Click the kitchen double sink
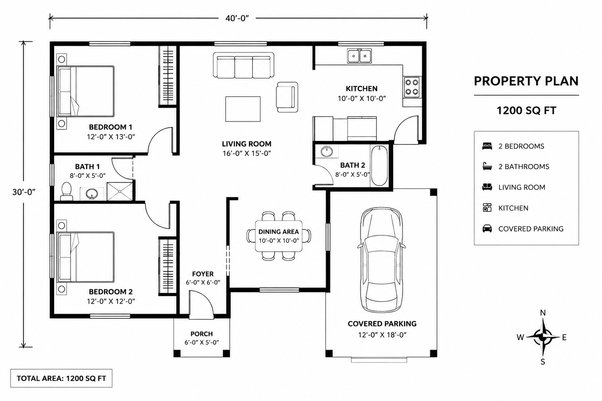pyautogui.click(x=359, y=56)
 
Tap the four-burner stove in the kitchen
pyautogui.click(x=412, y=87)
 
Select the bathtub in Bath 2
pyautogui.click(x=379, y=166)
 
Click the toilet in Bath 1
pyautogui.click(x=66, y=191)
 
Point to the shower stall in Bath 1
pyautogui.click(x=120, y=191)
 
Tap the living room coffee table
pyautogui.click(x=243, y=109)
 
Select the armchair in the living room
pyautogui.click(x=287, y=97)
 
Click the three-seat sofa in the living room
pyautogui.click(x=243, y=65)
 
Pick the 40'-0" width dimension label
pyautogui.click(x=237, y=18)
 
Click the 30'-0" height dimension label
pyautogui.click(x=24, y=192)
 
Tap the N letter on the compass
pyautogui.click(x=543, y=313)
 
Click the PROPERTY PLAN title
pyautogui.click(x=526, y=81)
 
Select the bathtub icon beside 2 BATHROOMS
pyautogui.click(x=487, y=166)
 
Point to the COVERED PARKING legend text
pyautogui.click(x=531, y=229)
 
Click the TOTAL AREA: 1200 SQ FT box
pyautogui.click(x=61, y=378)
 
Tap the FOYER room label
pyautogui.click(x=203, y=274)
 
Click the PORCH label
pyautogui.click(x=201, y=334)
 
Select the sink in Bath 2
pyautogui.click(x=327, y=151)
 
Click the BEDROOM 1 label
pyautogui.click(x=111, y=127)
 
